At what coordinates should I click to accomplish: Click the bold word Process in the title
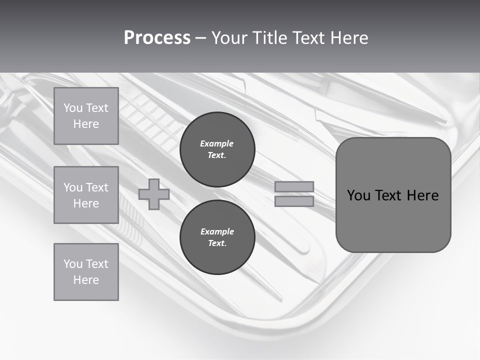point(157,38)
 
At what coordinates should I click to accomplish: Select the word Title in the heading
point(268,38)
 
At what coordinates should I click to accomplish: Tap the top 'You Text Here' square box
point(86,116)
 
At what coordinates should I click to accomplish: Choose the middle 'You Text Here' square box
point(86,195)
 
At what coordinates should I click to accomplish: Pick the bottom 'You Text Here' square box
point(86,272)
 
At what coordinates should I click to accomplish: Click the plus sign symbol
point(153,194)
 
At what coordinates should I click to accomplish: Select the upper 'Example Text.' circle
point(217,149)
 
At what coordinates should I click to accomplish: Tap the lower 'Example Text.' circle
point(217,237)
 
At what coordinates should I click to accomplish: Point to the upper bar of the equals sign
point(294,187)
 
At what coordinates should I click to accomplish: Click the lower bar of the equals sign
point(294,201)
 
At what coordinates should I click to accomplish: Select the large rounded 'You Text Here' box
point(393,195)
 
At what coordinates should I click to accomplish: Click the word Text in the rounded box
point(389,195)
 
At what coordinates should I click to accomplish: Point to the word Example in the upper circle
point(217,143)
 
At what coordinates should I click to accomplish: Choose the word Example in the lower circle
point(217,231)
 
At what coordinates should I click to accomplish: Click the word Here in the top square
point(86,124)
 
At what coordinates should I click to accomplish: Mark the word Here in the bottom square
point(86,280)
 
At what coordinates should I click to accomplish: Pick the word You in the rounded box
point(358,195)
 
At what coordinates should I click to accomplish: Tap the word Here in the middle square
point(86,203)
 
